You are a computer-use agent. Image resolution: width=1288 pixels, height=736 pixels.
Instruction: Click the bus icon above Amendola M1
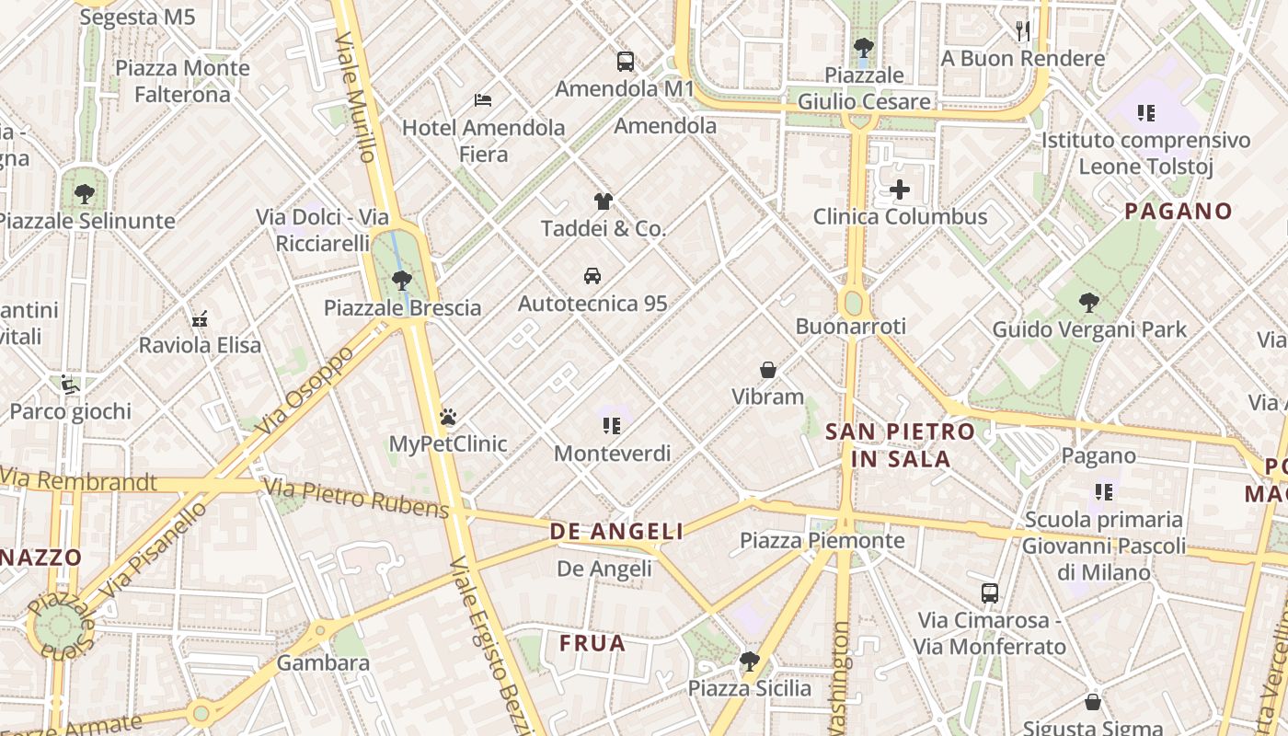[626, 62]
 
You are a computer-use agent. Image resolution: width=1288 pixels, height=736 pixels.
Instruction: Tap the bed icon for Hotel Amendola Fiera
[483, 99]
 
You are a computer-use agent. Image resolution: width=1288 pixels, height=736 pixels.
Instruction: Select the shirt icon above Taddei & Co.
[603, 201]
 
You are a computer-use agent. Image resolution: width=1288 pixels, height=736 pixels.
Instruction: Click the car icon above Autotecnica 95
[592, 276]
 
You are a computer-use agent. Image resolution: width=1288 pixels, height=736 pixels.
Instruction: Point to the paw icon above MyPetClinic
[448, 417]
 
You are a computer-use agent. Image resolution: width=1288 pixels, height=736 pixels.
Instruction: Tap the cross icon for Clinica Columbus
[900, 190]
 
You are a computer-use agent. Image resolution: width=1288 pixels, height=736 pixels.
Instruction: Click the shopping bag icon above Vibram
[768, 370]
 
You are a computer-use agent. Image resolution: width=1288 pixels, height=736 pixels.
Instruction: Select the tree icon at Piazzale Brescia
[401, 280]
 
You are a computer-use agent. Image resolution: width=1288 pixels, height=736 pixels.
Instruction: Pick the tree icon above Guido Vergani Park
[1088, 302]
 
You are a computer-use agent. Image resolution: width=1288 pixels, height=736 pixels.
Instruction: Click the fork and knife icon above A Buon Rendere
[1023, 31]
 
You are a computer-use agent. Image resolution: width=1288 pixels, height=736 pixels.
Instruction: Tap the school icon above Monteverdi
[612, 425]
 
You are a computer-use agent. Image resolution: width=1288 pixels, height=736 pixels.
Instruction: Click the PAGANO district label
[1178, 211]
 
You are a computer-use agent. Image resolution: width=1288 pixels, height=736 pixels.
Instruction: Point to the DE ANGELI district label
[616, 531]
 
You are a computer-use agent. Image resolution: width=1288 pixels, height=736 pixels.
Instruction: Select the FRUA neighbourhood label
[592, 643]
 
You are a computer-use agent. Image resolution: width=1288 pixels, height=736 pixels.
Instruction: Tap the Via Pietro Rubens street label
[356, 498]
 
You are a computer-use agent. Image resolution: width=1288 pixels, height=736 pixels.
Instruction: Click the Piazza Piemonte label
[822, 540]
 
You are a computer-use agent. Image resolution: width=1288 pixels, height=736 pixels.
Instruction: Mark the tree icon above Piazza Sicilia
[750, 661]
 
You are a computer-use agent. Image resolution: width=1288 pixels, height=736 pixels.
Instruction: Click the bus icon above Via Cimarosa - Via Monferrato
[990, 593]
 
